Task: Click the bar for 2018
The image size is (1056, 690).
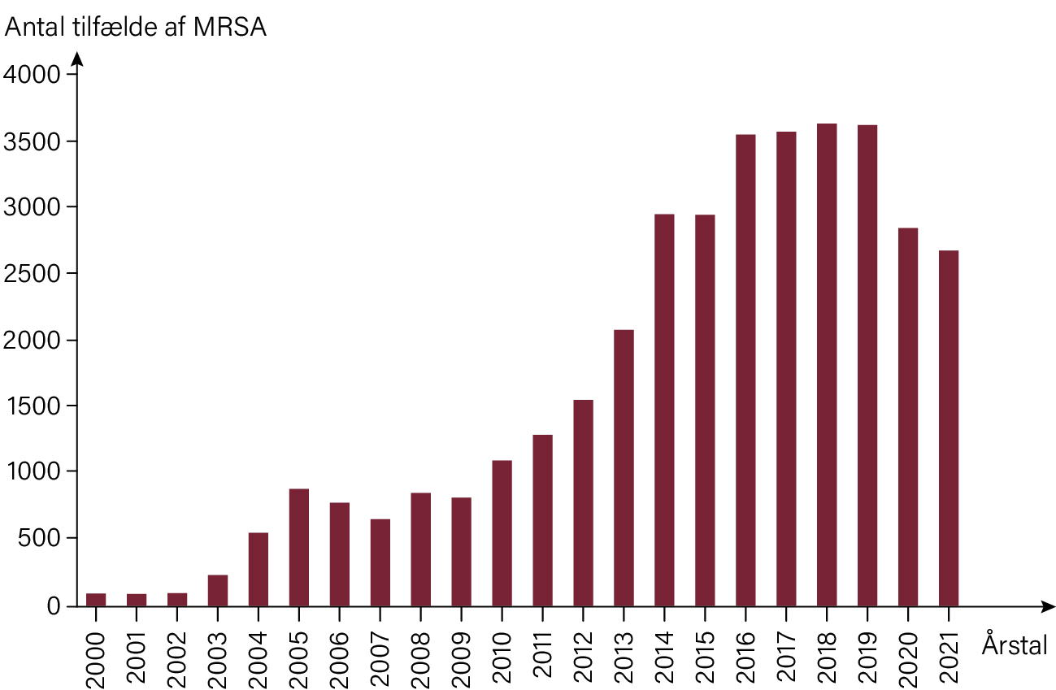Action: click(827, 365)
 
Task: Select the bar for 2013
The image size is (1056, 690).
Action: click(624, 468)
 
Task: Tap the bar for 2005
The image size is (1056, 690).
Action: click(299, 548)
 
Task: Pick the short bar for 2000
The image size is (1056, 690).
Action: click(96, 600)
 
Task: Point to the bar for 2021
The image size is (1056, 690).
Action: click(949, 428)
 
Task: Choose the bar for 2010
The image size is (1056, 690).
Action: click(502, 533)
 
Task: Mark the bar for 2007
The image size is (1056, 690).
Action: click(380, 562)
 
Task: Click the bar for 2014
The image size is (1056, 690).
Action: click(664, 410)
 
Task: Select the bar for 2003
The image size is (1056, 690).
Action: click(217, 591)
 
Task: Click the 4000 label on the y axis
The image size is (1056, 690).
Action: click(32, 75)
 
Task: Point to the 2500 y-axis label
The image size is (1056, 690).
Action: click(32, 274)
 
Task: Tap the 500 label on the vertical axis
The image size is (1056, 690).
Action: click(40, 538)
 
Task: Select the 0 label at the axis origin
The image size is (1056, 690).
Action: click(54, 606)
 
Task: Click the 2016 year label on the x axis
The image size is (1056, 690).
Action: click(745, 657)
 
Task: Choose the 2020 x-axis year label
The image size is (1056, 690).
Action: click(908, 657)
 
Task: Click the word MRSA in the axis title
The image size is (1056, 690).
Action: click(229, 28)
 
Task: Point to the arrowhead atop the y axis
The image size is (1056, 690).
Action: click(77, 59)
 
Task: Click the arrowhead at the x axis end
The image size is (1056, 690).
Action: click(1048, 606)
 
